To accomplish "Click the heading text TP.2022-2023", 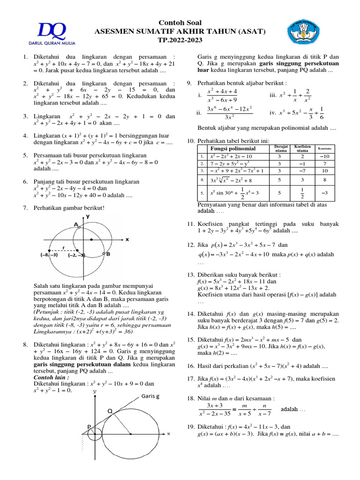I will tap(180, 40).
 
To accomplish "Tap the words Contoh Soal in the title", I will tap(180, 23).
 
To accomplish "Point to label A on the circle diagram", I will tap(75, 225).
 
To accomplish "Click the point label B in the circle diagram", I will tap(107, 254).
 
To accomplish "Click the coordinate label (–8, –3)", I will tap(49, 255).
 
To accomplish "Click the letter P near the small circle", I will tap(89, 426).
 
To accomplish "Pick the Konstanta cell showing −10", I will tap(324, 156).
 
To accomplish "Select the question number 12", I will tap(190, 245).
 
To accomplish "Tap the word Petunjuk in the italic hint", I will tap(51, 311).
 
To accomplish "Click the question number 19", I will tap(190, 427).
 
